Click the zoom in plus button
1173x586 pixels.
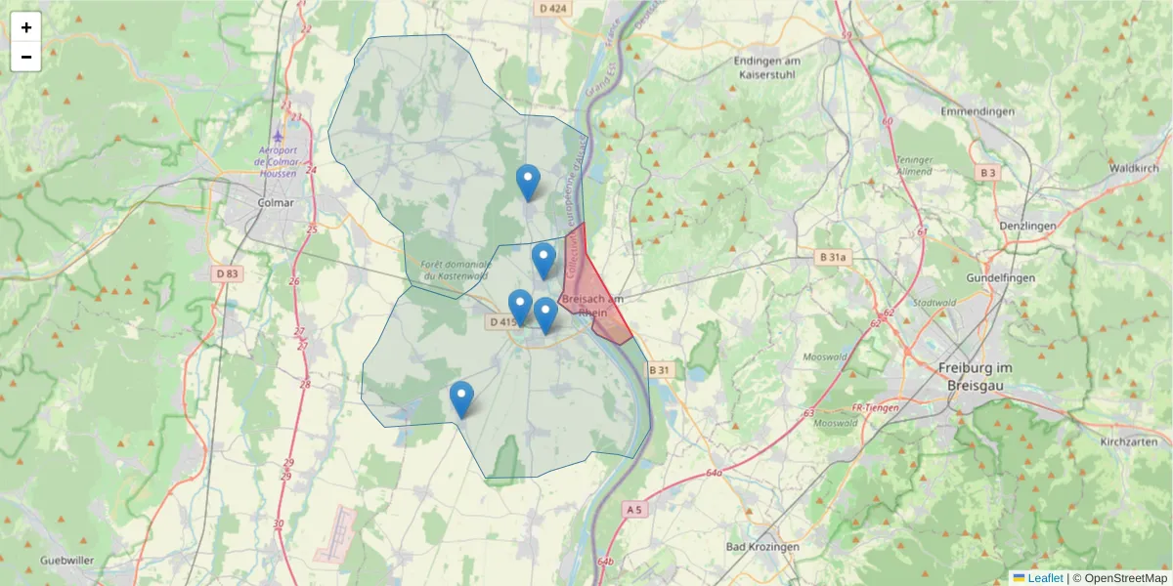pyautogui.click(x=26, y=27)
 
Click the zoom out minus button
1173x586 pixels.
pyautogui.click(x=26, y=57)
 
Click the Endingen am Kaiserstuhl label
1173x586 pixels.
pyautogui.click(x=767, y=67)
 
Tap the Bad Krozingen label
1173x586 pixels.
pyautogui.click(x=763, y=547)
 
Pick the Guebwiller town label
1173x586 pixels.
pyautogui.click(x=67, y=561)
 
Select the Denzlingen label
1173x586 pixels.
pyautogui.click(x=1028, y=226)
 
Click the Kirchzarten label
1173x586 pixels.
pyautogui.click(x=1128, y=441)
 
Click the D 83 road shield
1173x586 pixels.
pyautogui.click(x=225, y=273)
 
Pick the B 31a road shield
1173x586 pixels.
pyautogui.click(x=832, y=257)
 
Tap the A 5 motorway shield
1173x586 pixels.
pyautogui.click(x=633, y=509)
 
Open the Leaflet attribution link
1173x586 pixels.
pyautogui.click(x=1044, y=578)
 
